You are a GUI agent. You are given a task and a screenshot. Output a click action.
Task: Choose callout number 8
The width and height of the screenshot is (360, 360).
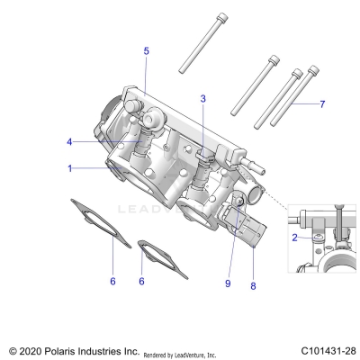(x=253, y=285)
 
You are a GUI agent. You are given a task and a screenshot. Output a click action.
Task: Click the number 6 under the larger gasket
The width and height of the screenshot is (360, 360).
(x=112, y=282)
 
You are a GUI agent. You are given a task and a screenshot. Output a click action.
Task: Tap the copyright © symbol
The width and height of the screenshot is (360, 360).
(x=12, y=347)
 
